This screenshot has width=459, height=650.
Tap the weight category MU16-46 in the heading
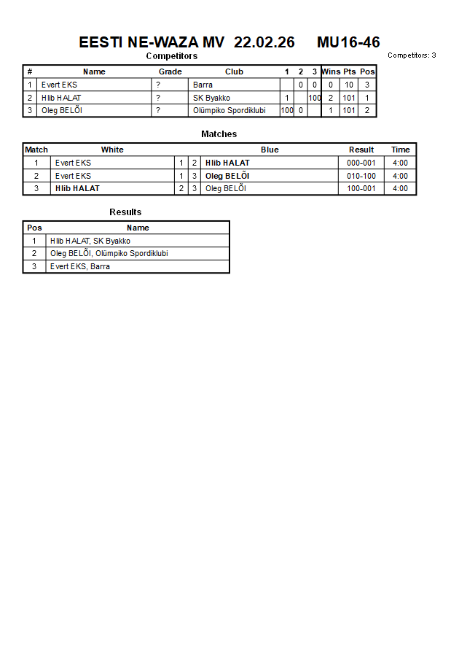(348, 42)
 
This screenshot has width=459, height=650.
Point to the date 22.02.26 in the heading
(264, 42)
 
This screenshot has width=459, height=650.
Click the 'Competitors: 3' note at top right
(412, 55)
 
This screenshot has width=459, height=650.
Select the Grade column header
(170, 71)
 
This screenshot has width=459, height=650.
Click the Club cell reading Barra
(203, 85)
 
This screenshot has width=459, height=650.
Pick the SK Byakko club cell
(211, 98)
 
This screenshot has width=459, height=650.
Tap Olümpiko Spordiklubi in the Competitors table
(229, 110)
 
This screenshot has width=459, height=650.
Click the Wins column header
(331, 71)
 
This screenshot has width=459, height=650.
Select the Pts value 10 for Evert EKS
(349, 85)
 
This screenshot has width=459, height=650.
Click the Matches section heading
(219, 134)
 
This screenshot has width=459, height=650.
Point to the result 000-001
(361, 163)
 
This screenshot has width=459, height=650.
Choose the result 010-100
(361, 176)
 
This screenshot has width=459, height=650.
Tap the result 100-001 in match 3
(361, 188)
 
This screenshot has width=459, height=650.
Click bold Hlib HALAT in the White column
(77, 188)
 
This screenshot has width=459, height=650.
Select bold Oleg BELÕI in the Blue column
(227, 176)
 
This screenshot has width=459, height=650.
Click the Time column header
(401, 150)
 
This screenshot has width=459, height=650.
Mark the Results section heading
(125, 212)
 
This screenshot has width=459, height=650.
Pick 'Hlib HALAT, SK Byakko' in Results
(90, 241)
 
